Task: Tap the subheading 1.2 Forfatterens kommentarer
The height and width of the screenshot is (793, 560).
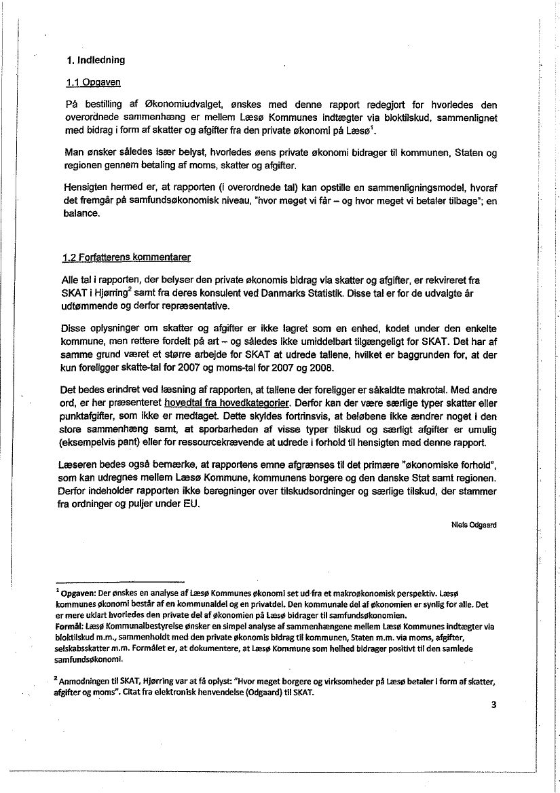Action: tap(126, 258)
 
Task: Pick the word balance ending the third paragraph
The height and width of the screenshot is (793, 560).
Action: tap(83, 215)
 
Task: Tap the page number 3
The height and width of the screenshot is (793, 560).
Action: tap(494, 704)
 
